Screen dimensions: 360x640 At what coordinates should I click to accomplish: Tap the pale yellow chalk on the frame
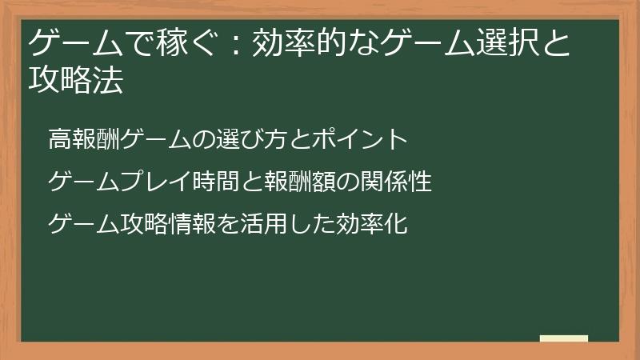point(564,338)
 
